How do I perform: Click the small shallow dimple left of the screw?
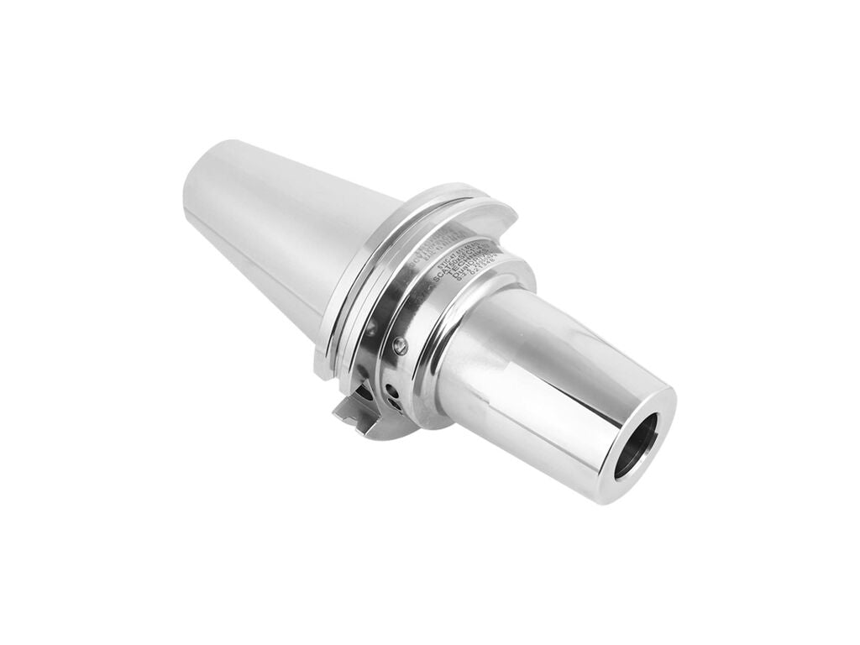point(370,333)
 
